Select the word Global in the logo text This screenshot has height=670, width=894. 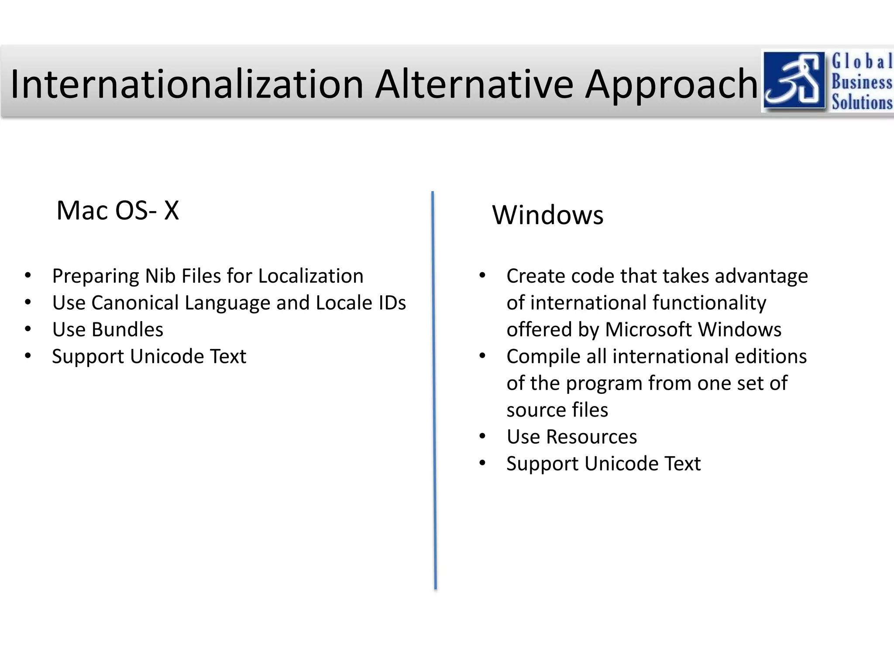pos(862,62)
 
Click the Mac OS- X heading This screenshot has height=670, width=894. pos(118,211)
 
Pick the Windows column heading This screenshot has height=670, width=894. pos(547,215)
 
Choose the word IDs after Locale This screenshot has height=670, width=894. pos(392,303)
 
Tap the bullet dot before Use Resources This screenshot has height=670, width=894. pos(482,437)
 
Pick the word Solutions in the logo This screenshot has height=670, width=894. pos(862,103)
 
